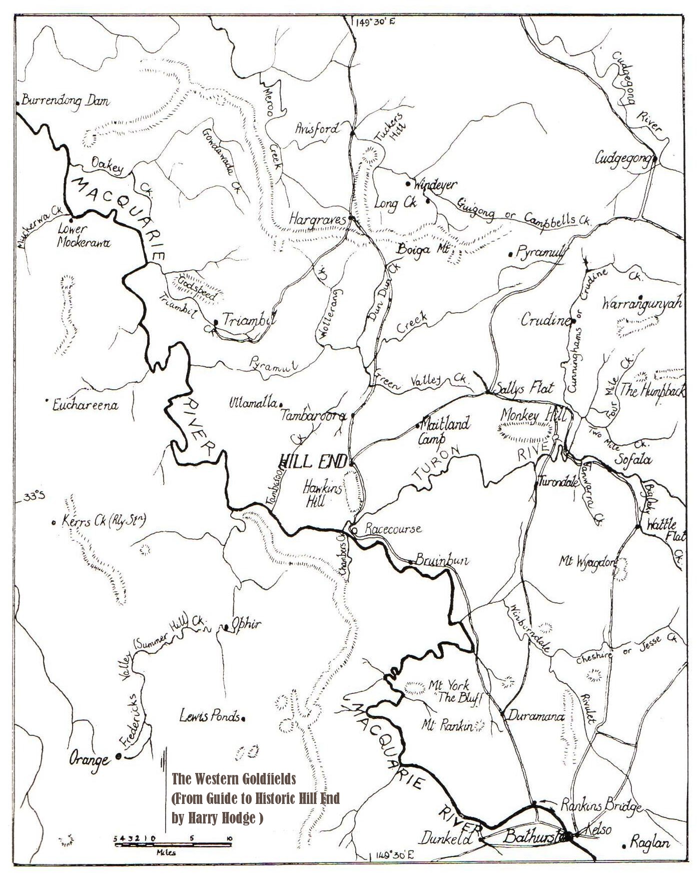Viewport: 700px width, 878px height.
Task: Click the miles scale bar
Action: [x=173, y=844]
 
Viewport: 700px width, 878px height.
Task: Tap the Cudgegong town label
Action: [x=622, y=158]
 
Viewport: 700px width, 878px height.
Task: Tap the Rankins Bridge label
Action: [x=600, y=806]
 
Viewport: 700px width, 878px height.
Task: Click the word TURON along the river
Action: [x=436, y=465]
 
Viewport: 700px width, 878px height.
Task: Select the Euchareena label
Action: [x=86, y=405]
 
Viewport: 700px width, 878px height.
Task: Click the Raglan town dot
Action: [x=624, y=846]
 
